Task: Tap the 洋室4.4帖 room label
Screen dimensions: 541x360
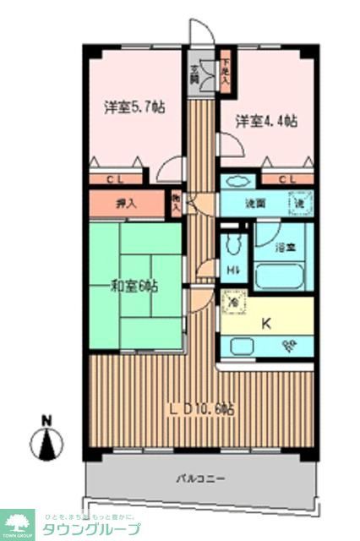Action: coord(266,121)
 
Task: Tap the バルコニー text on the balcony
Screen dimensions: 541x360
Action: coord(200,478)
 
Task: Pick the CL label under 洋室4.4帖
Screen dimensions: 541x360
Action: coord(286,178)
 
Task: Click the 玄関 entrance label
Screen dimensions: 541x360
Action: coord(194,74)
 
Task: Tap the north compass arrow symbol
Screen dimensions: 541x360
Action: coord(48,440)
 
